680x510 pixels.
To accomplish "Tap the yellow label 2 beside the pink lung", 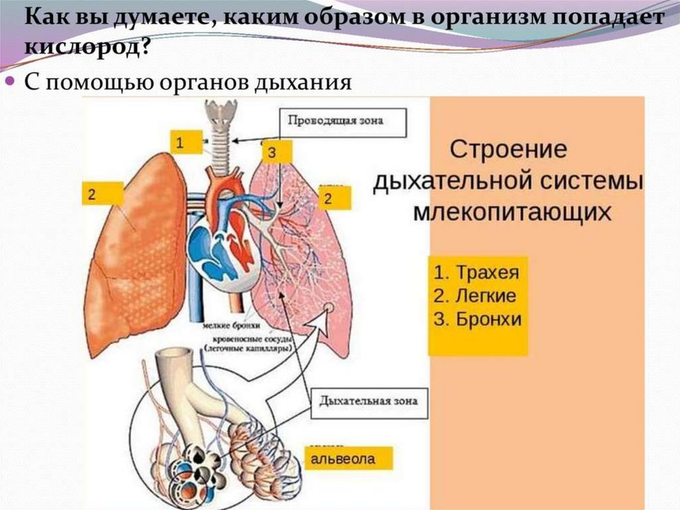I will pyautogui.click(x=336, y=197).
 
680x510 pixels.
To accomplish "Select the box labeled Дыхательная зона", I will pyautogui.click(x=368, y=402).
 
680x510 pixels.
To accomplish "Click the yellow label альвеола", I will pyautogui.click(x=349, y=458).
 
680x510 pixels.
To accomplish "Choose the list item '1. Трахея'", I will pyautogui.click(x=476, y=273).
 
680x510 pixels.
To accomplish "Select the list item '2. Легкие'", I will pyautogui.click(x=475, y=296).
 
